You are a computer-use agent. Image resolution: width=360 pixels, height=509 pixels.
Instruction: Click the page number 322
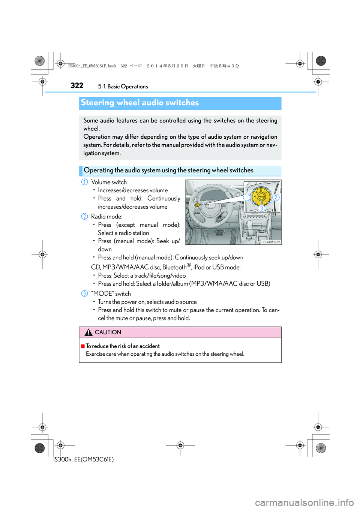(x=77, y=85)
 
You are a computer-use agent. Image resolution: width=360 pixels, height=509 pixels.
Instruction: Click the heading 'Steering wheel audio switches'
(x=140, y=103)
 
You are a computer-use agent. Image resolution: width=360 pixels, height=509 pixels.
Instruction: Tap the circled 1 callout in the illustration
(x=247, y=198)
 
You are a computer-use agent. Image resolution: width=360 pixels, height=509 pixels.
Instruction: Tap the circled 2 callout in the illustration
(x=276, y=198)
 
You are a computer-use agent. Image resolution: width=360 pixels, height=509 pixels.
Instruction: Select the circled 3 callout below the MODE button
(x=261, y=208)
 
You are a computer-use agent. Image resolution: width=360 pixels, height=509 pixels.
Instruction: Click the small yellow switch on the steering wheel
(x=197, y=205)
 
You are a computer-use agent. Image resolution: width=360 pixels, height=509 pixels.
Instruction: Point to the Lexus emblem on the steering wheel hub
(x=211, y=205)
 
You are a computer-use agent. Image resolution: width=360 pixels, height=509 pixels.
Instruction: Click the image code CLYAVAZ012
(x=271, y=242)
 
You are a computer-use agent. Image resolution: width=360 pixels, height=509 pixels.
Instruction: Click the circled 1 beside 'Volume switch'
(x=85, y=182)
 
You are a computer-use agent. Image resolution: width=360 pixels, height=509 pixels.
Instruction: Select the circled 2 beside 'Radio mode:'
(x=85, y=217)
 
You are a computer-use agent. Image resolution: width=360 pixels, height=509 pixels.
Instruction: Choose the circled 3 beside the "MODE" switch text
(x=85, y=293)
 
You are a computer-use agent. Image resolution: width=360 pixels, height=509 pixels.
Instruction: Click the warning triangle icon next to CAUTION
(x=88, y=332)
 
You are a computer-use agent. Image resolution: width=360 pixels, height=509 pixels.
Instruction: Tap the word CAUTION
(x=108, y=332)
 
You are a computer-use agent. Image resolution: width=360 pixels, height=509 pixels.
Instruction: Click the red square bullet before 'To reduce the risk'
(x=83, y=346)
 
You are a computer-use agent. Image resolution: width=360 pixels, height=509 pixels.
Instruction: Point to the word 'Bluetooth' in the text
(x=174, y=267)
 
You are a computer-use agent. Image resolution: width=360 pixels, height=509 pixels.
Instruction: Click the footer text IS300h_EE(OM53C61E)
(x=84, y=460)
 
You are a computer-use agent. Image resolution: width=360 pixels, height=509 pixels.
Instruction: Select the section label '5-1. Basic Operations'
(x=123, y=87)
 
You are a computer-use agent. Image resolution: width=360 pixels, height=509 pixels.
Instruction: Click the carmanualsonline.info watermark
(x=304, y=502)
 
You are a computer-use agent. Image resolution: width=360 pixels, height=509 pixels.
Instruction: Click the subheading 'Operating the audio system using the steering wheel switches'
(x=169, y=171)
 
